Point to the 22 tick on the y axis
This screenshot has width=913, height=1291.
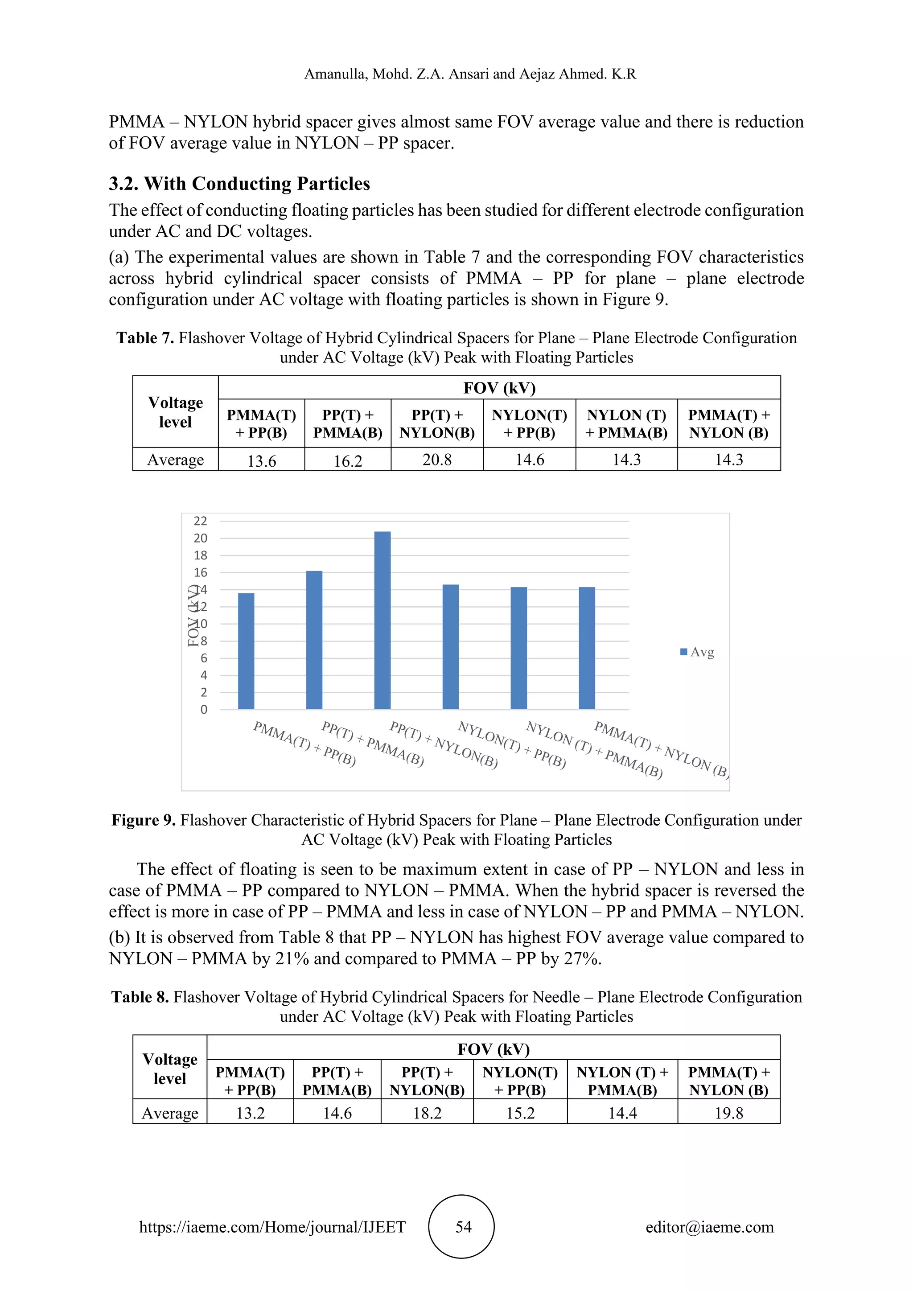point(201,521)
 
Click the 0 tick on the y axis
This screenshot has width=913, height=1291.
point(204,710)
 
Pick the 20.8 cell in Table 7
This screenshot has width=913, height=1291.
point(437,460)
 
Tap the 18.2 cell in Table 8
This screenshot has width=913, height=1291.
point(427,1113)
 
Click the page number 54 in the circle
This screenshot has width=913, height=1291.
point(463,1227)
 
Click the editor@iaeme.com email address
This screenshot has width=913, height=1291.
point(709,1227)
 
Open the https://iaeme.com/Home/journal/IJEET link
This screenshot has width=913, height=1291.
point(272,1227)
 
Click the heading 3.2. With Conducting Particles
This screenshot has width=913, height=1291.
point(239,184)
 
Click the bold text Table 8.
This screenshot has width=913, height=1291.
point(140,997)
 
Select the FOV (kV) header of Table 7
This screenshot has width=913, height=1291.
point(499,388)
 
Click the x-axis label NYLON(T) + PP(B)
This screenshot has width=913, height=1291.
point(512,744)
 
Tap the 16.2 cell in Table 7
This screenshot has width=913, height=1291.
point(348,461)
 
